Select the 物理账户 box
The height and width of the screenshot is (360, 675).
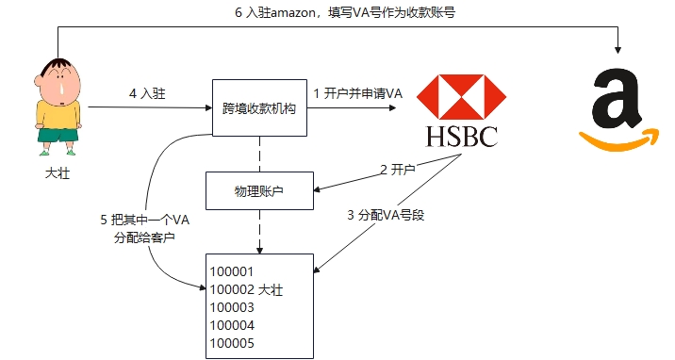point(259,191)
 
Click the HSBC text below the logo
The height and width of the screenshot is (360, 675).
point(461,137)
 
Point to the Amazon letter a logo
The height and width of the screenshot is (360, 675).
point(617,100)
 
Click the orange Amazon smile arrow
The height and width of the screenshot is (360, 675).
point(617,140)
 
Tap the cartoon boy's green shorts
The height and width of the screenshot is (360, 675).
point(58,136)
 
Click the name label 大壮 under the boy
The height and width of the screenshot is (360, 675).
point(58,173)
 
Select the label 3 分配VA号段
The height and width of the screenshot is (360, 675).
point(387,216)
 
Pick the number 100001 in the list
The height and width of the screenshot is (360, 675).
point(232,272)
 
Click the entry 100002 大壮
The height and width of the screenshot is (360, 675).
point(245,289)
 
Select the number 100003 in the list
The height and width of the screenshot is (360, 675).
point(232,307)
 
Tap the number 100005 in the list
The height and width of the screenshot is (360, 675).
point(232,343)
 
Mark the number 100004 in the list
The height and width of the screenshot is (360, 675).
point(232,325)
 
